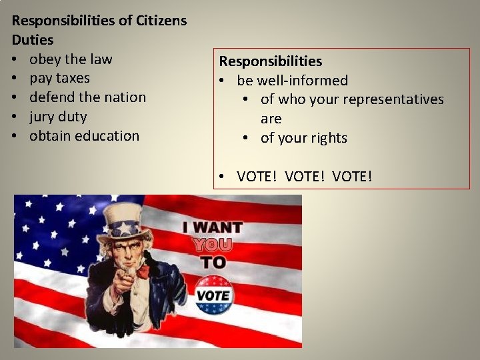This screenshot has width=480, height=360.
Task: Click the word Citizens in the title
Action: pos(161,20)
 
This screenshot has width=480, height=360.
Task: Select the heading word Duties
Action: pos(33,39)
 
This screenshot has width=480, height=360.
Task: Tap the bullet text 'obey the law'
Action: pos(71,59)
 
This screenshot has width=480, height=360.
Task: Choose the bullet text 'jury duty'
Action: pos(58,117)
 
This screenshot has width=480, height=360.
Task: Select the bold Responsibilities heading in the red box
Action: pos(271,61)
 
